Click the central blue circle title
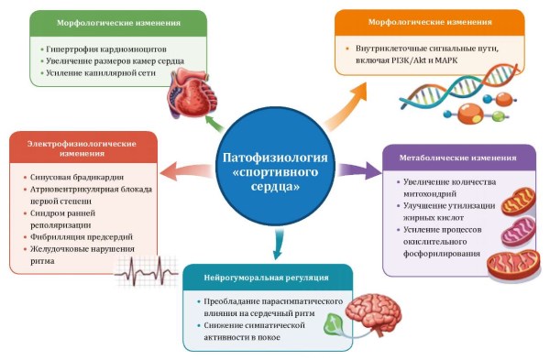(275, 172)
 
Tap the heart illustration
(192, 93)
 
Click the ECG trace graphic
(146, 272)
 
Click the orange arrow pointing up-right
(346, 106)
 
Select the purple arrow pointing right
(358, 170)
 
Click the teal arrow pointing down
(278, 244)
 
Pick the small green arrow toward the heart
(214, 123)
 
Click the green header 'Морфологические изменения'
(118, 23)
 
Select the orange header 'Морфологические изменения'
(430, 22)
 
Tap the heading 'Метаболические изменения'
(457, 158)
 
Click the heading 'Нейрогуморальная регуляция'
(266, 278)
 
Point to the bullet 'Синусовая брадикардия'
(77, 178)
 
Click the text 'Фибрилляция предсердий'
(82, 237)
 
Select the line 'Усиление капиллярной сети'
(101, 73)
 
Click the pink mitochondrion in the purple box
(518, 232)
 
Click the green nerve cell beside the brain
(333, 325)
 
